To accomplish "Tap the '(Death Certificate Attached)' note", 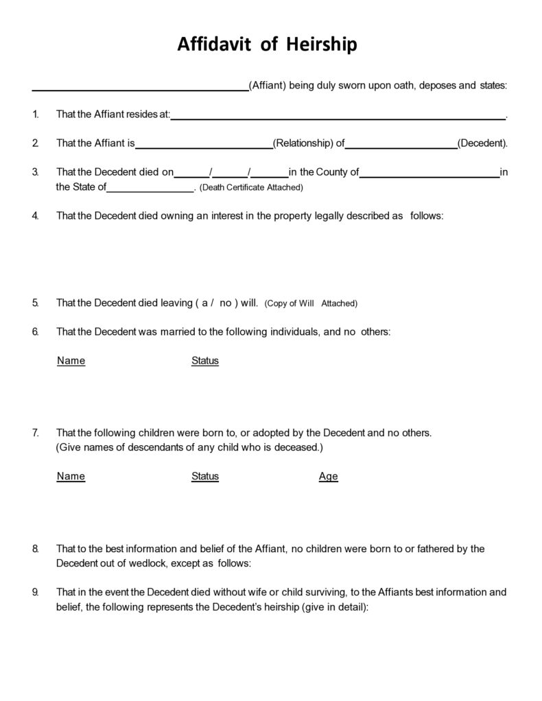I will pyautogui.click(x=251, y=187).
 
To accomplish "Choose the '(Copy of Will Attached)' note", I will pyautogui.click(x=311, y=303).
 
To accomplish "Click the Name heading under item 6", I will pyautogui.click(x=71, y=361).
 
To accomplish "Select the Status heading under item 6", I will pyautogui.click(x=204, y=361).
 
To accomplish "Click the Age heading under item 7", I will pyautogui.click(x=328, y=477).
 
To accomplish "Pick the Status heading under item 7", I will pyautogui.click(x=204, y=476).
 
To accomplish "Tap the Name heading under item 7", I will pyautogui.click(x=71, y=476).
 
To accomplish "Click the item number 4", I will pyautogui.click(x=35, y=215).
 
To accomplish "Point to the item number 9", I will pyautogui.click(x=35, y=592).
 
